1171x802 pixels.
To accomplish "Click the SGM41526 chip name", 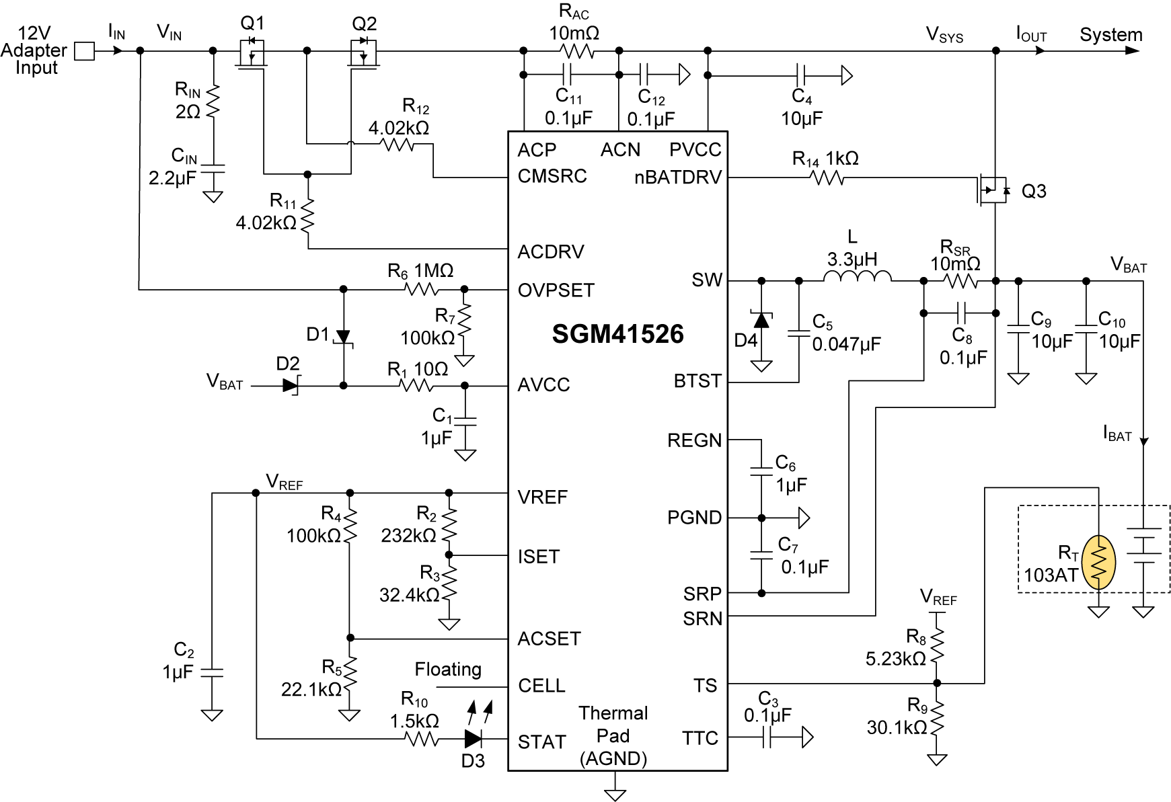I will click(617, 334).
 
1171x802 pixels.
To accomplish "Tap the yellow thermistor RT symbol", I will click(1098, 562).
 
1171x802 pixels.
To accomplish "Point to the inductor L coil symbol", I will click(858, 276).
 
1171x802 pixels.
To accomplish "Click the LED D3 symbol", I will click(474, 739).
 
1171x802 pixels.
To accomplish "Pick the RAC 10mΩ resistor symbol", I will click(576, 51).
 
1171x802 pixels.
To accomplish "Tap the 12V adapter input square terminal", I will click(84, 51).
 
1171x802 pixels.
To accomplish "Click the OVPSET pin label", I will click(556, 290).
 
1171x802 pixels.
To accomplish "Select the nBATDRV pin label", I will click(677, 177).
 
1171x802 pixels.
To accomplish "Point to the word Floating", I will click(448, 670).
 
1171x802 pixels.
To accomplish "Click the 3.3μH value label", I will click(852, 259).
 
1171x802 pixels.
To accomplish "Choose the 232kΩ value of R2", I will click(408, 536).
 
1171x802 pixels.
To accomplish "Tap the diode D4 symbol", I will click(761, 320).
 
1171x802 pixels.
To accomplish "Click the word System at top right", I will click(1110, 35).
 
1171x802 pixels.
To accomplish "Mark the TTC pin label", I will click(700, 738).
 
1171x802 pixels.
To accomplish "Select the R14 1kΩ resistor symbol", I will click(827, 178).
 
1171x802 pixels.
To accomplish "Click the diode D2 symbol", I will click(291, 386).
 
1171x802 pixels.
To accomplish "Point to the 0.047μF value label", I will click(846, 344).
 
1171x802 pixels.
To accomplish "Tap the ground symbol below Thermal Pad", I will click(615, 793).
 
